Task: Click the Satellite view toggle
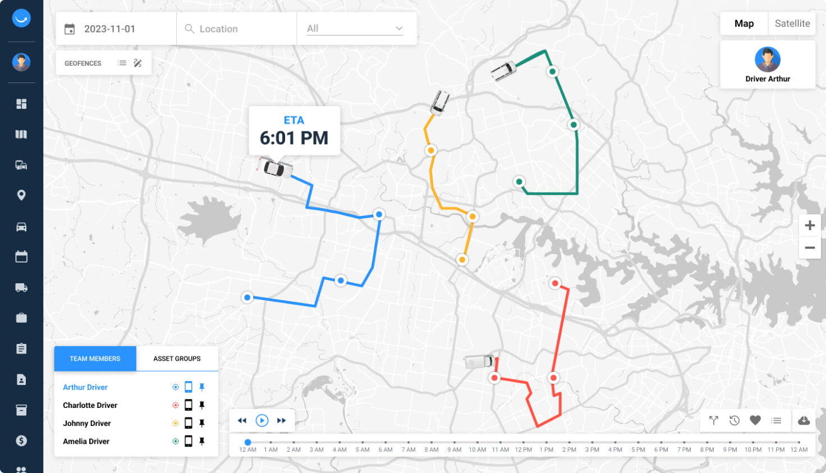pos(792,24)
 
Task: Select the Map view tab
pos(744,24)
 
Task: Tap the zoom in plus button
pos(809,226)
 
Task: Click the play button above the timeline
pos(261,420)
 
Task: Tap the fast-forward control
pos(282,420)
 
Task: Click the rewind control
pos(242,420)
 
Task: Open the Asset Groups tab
pos(177,359)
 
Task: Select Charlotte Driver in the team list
pos(90,405)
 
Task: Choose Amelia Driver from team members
pos(86,441)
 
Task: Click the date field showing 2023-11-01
pos(109,29)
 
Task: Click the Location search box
pos(236,29)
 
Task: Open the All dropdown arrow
pos(399,29)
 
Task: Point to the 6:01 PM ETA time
pos(294,138)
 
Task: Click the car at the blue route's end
pos(274,168)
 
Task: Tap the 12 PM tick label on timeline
pos(523,449)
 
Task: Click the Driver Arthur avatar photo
pos(767,59)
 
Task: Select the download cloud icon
pos(804,420)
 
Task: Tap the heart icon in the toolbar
pos(755,420)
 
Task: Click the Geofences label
pos(83,63)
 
